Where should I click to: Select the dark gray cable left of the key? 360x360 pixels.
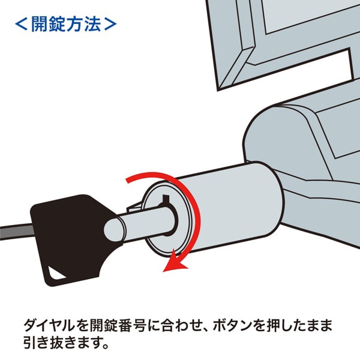[15, 229]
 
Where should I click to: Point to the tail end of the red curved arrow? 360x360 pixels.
[128, 180]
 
